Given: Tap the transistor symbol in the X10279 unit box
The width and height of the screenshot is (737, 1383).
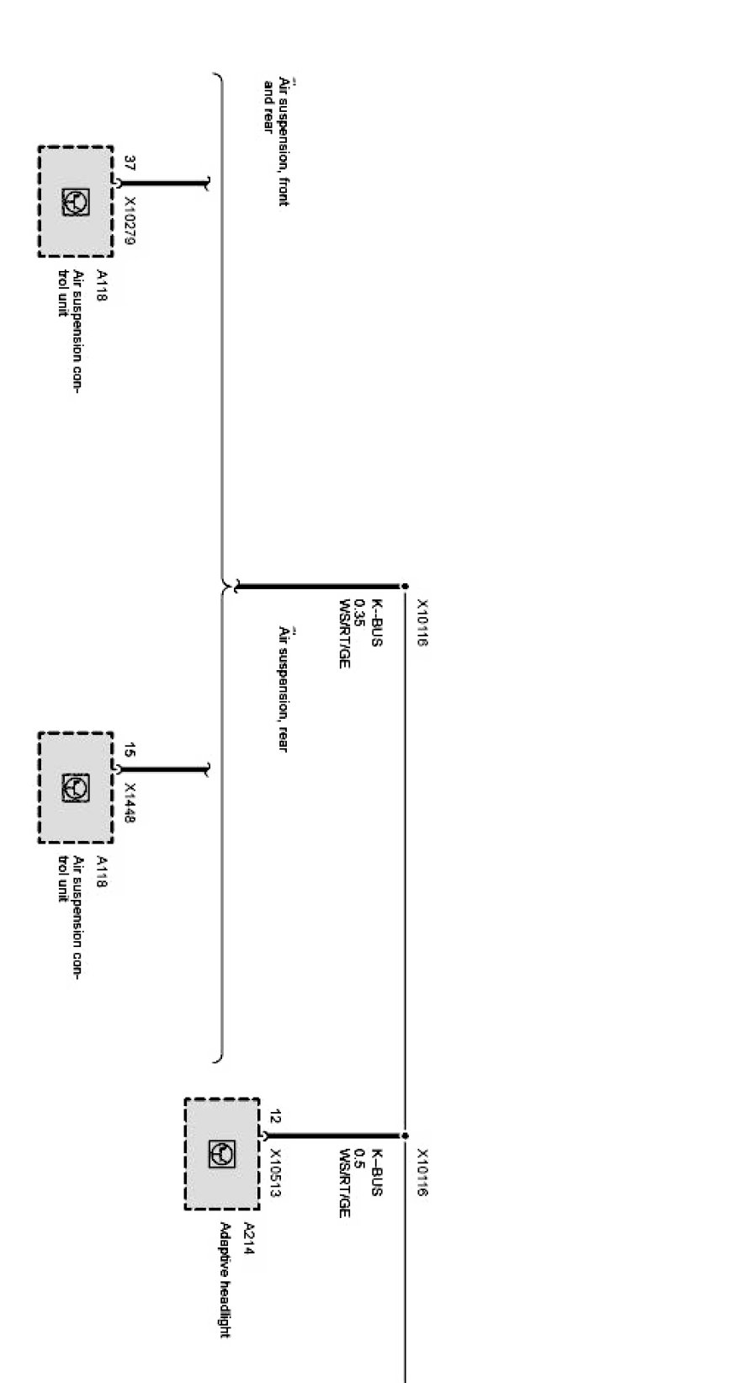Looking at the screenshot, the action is (x=75, y=202).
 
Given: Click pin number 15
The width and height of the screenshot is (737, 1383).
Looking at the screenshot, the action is (x=130, y=750).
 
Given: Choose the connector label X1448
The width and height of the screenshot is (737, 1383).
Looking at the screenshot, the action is (x=130, y=802).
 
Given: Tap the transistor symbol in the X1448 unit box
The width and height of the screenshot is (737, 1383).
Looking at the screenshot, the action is (x=75, y=788).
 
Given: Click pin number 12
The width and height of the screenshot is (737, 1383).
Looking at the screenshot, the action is (x=275, y=1117).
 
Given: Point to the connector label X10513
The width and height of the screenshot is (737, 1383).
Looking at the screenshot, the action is (x=275, y=1174).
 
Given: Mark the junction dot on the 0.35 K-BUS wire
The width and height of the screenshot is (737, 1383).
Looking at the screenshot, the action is (x=405, y=586).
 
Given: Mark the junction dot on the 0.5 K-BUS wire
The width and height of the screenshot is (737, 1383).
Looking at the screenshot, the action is (x=405, y=1136).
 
